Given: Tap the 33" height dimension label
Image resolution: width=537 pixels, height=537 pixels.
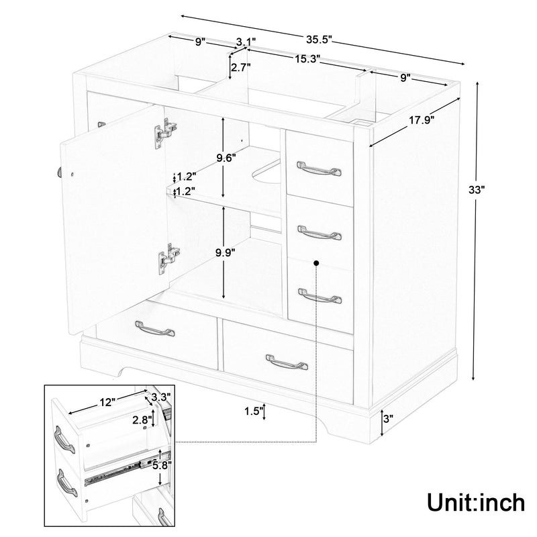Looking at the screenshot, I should (x=476, y=189).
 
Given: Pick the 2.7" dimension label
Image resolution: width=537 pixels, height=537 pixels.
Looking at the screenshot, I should (x=241, y=68).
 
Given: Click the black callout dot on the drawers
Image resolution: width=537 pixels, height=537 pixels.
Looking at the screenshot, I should (x=315, y=264).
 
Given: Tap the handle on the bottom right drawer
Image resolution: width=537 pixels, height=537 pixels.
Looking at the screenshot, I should (x=287, y=362).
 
